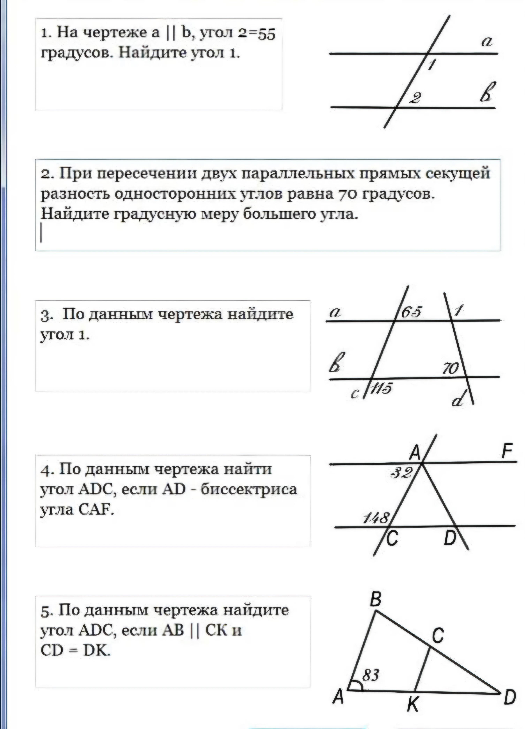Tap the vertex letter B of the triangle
tap(375, 599)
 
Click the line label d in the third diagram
tap(458, 400)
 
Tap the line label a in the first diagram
tap(487, 42)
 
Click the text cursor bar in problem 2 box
tap(41, 233)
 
